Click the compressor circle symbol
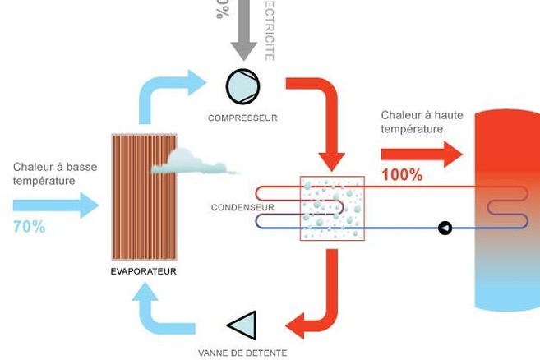[242, 87]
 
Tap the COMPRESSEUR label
[242, 118]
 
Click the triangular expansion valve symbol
[242, 325]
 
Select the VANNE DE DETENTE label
[242, 353]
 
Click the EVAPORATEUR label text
[143, 271]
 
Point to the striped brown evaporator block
[143, 197]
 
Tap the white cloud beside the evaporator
[190, 162]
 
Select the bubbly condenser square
[332, 208]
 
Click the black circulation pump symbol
[445, 228]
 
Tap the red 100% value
[402, 175]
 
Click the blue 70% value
[30, 226]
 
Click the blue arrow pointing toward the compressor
[168, 90]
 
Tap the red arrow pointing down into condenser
[328, 123]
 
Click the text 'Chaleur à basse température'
[54, 173]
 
